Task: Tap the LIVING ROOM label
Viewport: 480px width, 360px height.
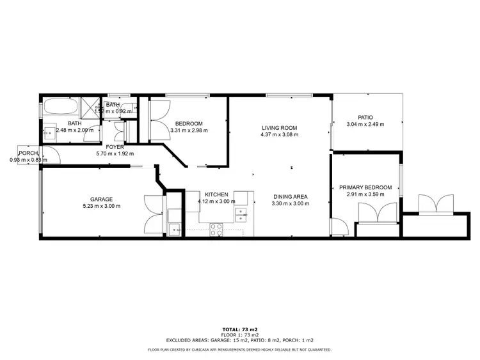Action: (x=278, y=127)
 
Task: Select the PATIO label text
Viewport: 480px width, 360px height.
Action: (x=365, y=117)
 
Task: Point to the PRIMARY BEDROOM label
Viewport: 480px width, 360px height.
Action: (x=365, y=187)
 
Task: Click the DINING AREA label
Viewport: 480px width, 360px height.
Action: (x=291, y=196)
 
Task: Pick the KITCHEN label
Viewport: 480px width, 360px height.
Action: (x=217, y=194)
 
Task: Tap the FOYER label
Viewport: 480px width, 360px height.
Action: (x=115, y=147)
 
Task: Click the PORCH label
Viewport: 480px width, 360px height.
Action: (x=28, y=153)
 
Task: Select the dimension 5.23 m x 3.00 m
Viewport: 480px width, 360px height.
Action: (x=102, y=206)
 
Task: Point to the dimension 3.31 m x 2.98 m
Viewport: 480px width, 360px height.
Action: (x=189, y=131)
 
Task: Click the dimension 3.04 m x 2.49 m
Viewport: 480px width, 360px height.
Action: (x=365, y=125)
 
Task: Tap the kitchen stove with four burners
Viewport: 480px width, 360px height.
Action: (x=216, y=228)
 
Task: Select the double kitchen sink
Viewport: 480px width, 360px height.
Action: (x=241, y=214)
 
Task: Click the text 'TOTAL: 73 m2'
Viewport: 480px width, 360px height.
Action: (x=239, y=329)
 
